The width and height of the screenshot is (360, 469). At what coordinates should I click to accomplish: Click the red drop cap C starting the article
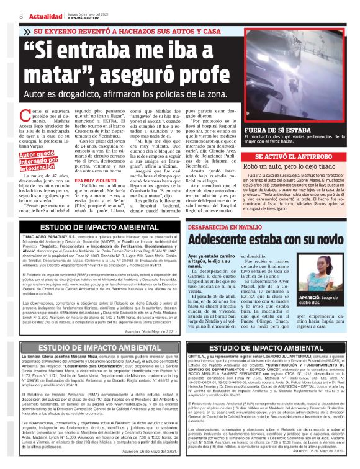coord(24,114)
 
